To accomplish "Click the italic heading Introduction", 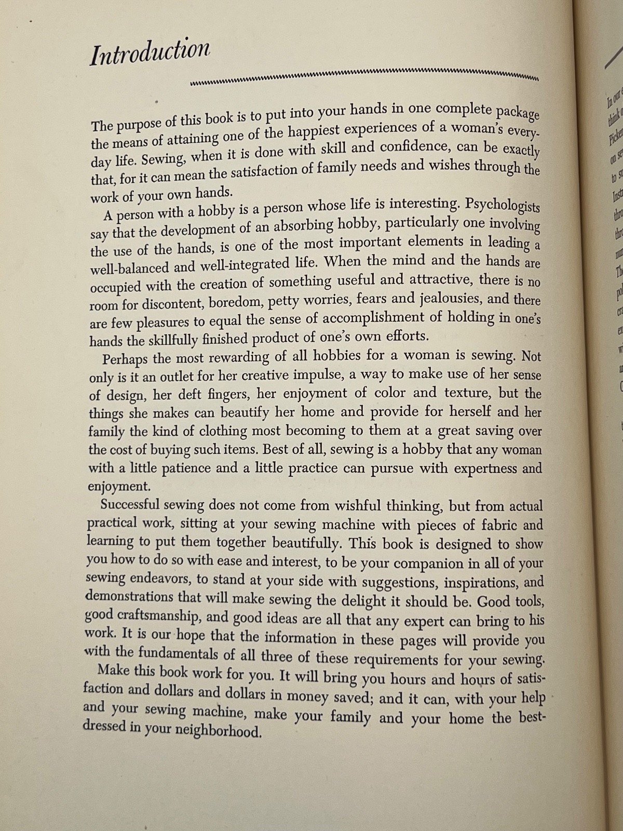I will [150, 53].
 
